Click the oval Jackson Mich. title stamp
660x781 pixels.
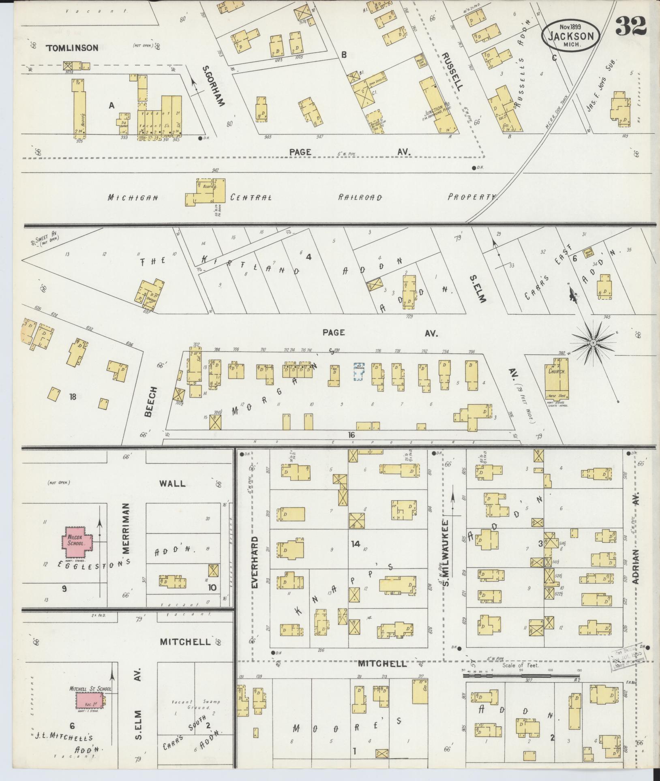pyautogui.click(x=570, y=36)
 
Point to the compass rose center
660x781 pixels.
pyautogui.click(x=593, y=343)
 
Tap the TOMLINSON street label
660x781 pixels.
pyautogui.click(x=72, y=48)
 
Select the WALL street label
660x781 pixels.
pyautogui.click(x=172, y=483)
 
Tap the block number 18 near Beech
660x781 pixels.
pyautogui.click(x=73, y=397)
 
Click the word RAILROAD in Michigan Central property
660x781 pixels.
pyautogui.click(x=360, y=197)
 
